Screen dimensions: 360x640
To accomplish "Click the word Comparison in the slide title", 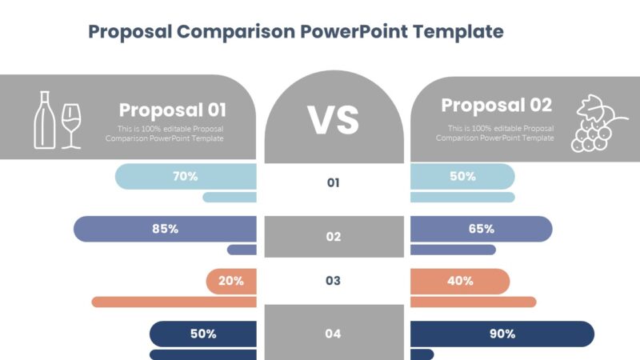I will (x=236, y=32).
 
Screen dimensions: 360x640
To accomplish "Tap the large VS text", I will (x=334, y=120).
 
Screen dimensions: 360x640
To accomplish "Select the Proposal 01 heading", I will (x=173, y=110).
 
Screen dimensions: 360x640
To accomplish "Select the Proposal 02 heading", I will (x=496, y=106).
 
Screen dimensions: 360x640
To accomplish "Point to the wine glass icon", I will (x=72, y=126).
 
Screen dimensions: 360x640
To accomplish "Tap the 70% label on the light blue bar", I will (x=185, y=176).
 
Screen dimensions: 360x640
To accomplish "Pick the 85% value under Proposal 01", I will (x=165, y=229).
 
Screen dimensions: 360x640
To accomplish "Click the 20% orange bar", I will (x=231, y=281).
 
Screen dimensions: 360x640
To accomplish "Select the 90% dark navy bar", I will (x=502, y=334).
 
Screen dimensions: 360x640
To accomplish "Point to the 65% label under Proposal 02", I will (x=481, y=229).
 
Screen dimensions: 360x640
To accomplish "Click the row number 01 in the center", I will (x=334, y=183).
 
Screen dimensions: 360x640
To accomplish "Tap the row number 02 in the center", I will (x=334, y=237).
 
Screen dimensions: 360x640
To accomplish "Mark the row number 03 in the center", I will (x=334, y=281).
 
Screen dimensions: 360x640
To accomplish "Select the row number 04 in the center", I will (x=334, y=334).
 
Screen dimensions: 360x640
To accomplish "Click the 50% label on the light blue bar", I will (x=462, y=176).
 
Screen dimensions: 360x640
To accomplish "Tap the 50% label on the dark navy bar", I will (x=203, y=334).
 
